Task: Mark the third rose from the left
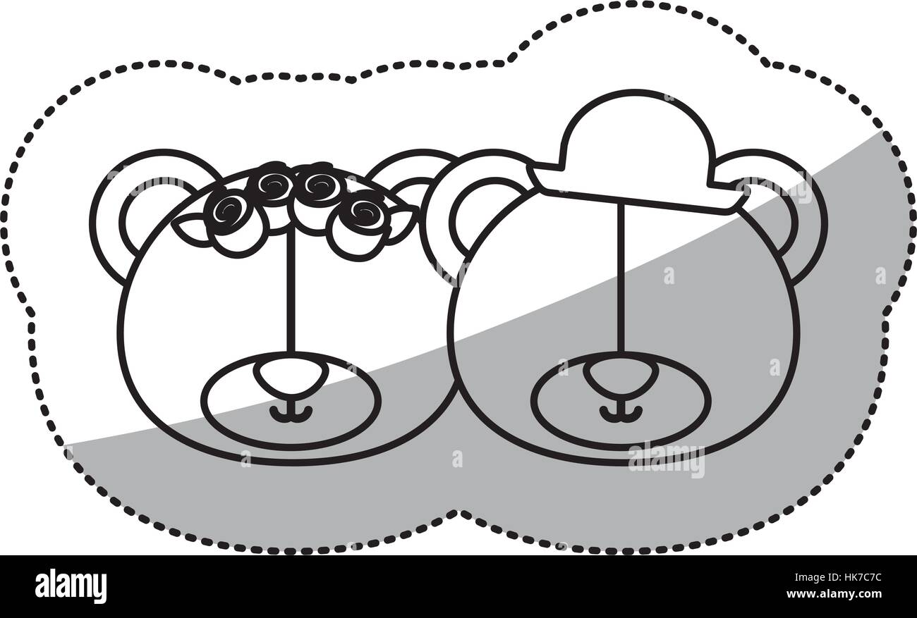(318, 185)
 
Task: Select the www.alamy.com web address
(834, 593)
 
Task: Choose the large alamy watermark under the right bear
(666, 461)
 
